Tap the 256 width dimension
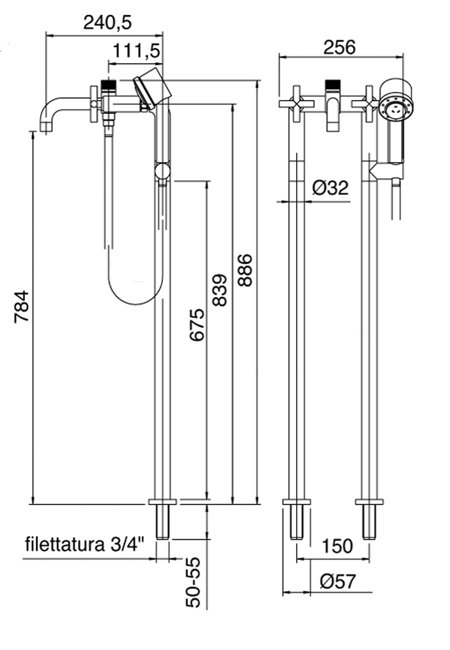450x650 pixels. tap(339, 47)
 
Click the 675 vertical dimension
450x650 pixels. tap(196, 325)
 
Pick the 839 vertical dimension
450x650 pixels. tap(219, 290)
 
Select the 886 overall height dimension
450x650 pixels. tap(244, 270)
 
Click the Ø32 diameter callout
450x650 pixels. tap(330, 188)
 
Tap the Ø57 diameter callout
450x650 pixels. tap(338, 581)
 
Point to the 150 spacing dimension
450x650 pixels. tap(337, 546)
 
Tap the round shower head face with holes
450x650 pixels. tap(396, 109)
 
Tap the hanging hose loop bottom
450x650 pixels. tap(135, 302)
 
